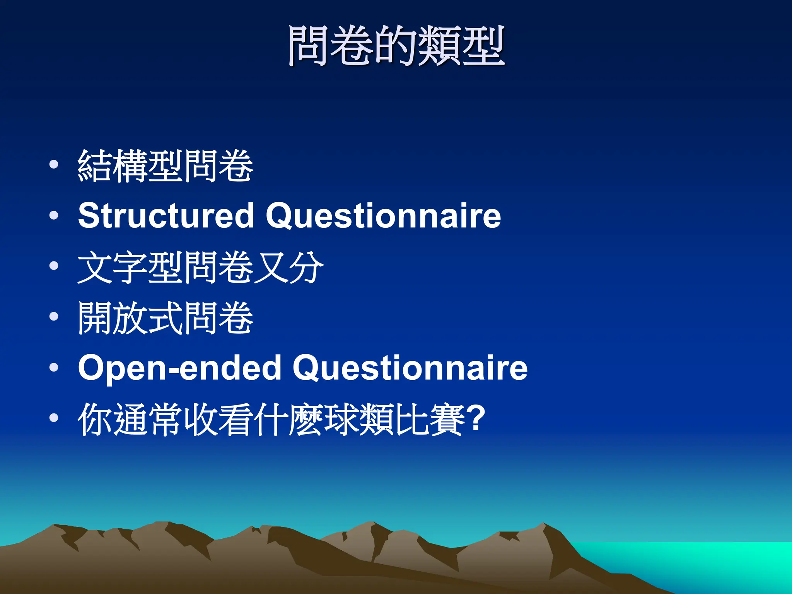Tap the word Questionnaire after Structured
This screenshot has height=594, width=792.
click(383, 215)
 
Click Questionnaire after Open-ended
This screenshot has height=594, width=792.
click(410, 367)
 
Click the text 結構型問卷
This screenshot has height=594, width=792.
click(166, 166)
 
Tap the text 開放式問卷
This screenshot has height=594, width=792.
click(166, 318)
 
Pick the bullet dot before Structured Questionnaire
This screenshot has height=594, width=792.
click(54, 215)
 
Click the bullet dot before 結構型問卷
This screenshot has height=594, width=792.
click(54, 165)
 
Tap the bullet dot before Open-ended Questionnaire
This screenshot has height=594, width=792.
click(54, 367)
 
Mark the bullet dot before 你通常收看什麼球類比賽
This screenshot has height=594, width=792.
click(54, 418)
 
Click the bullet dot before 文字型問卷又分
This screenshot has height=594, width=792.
click(54, 266)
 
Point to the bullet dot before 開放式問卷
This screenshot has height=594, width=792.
click(54, 317)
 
